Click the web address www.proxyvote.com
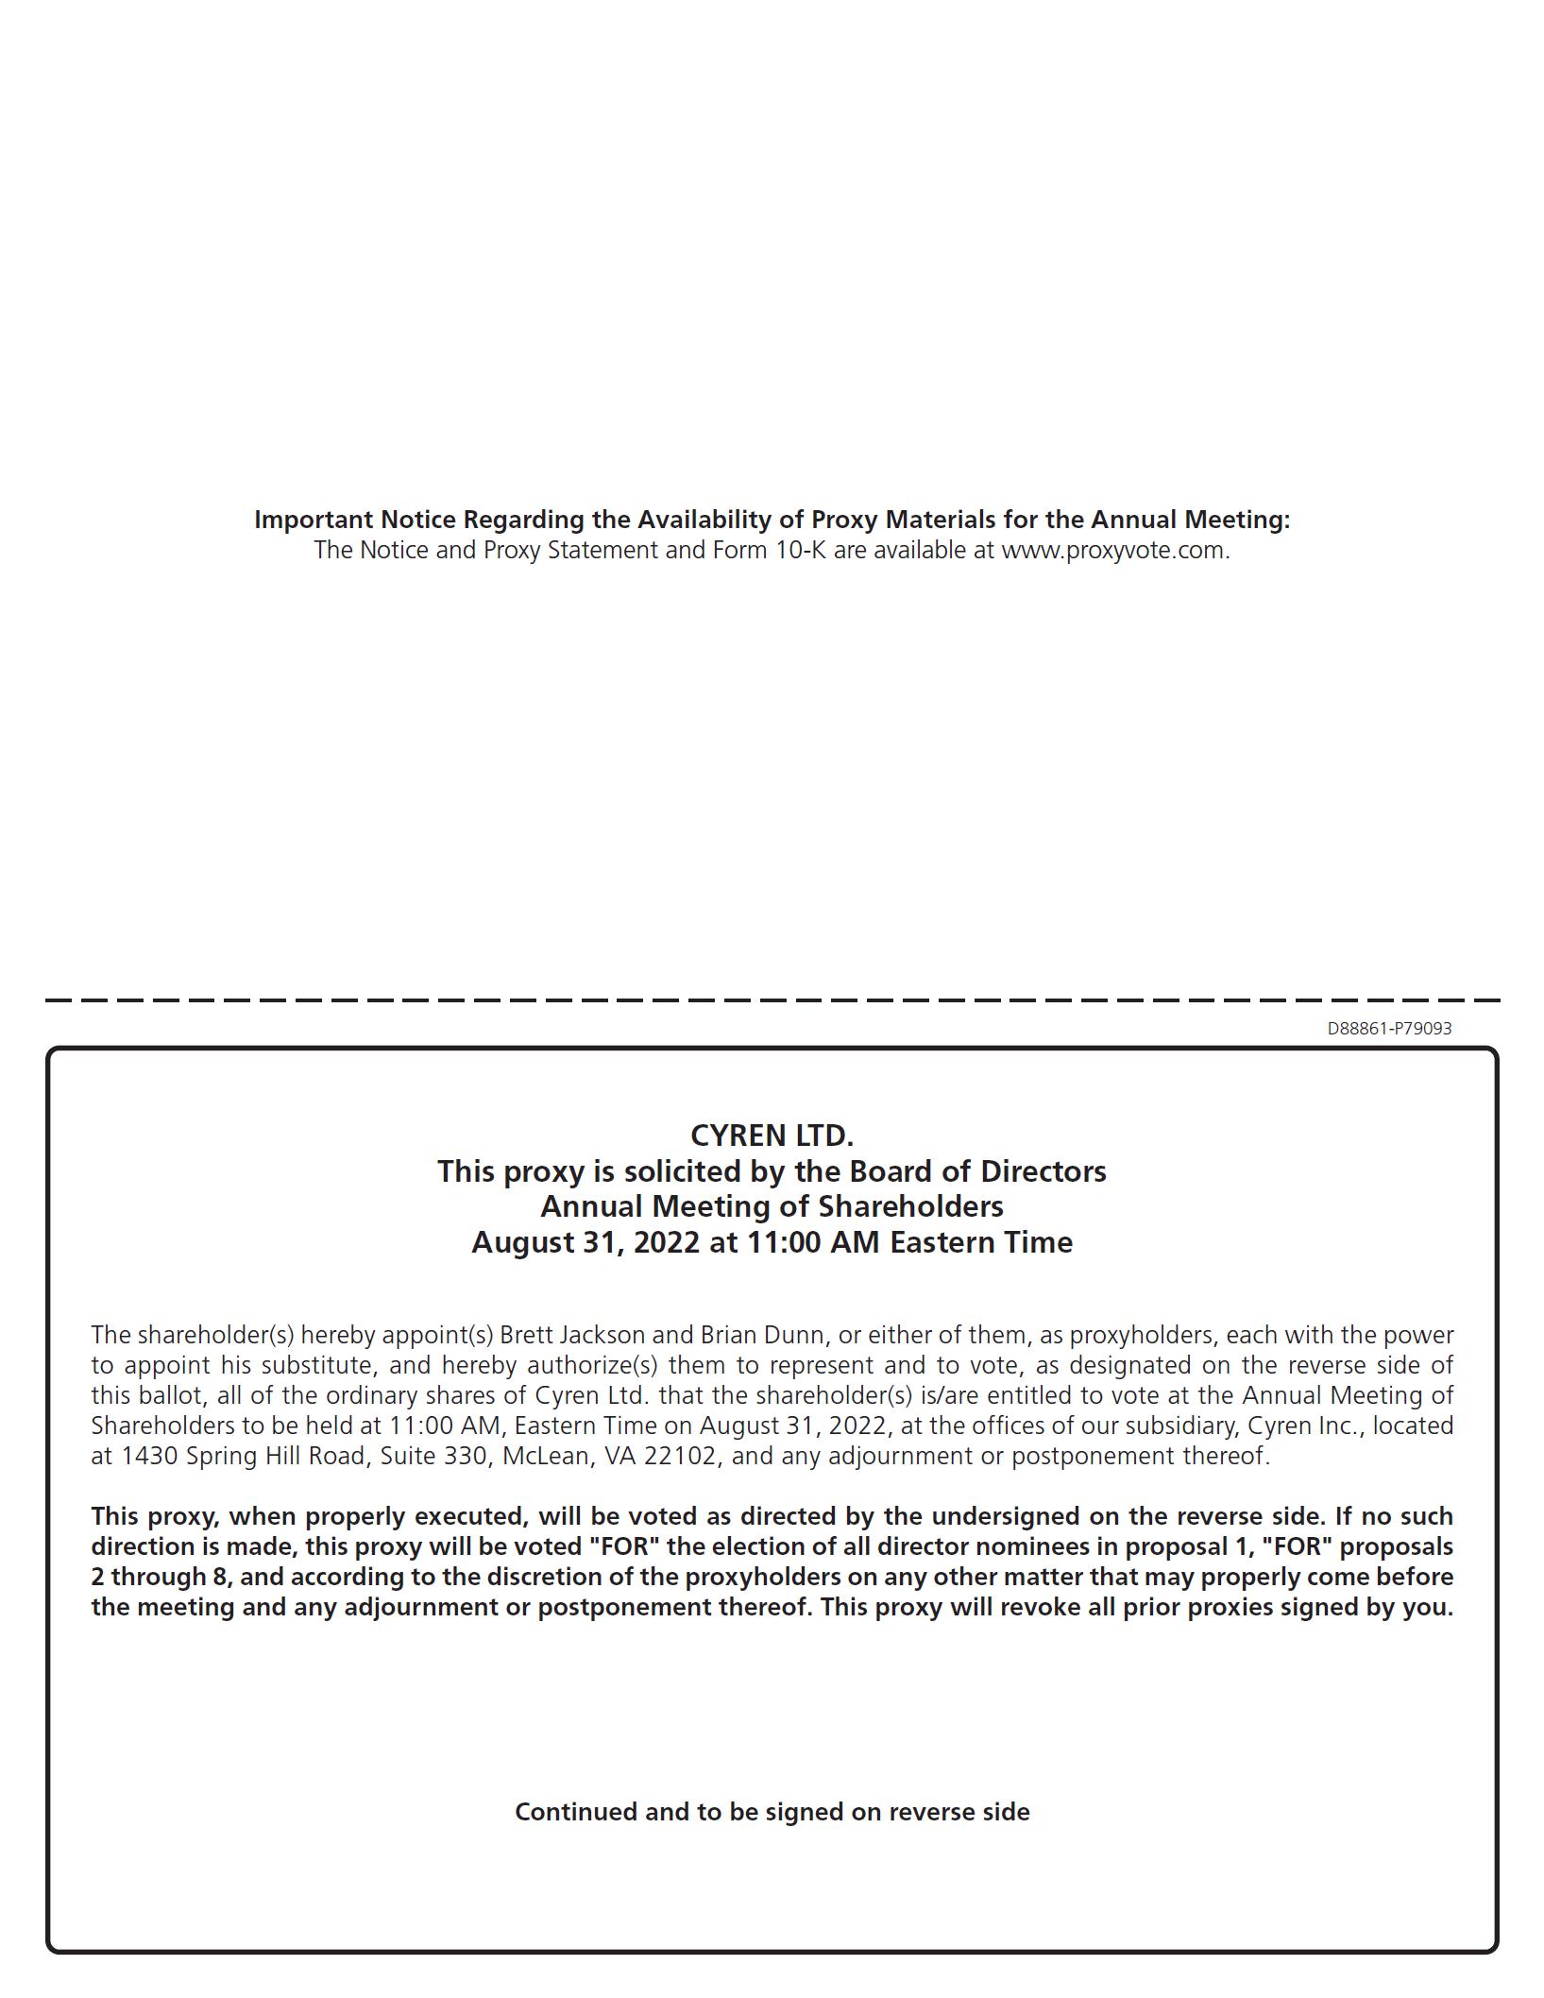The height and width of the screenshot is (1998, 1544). [x=1113, y=550]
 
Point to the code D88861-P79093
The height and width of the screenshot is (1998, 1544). [x=1389, y=1028]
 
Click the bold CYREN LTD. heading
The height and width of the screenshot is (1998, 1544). [x=772, y=1135]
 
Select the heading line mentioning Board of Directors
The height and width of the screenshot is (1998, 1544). [x=772, y=1171]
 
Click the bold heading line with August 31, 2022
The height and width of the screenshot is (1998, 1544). [x=772, y=1241]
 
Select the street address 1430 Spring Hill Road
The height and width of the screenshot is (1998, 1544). [x=244, y=1456]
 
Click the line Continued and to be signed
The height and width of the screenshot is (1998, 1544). [x=772, y=1812]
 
